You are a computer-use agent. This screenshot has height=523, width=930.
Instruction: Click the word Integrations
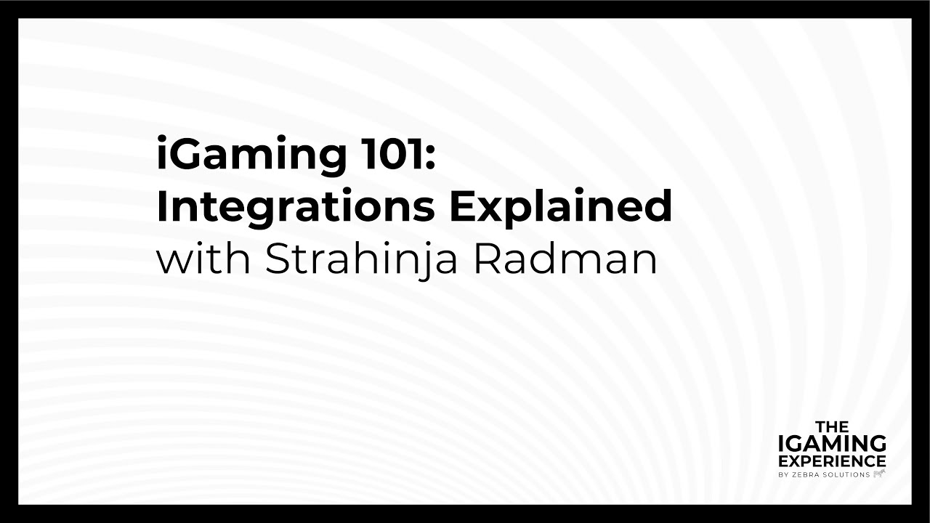[x=295, y=208]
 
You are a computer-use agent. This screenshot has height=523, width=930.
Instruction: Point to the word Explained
[x=560, y=208]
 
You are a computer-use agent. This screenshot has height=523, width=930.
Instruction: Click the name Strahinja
[x=361, y=260]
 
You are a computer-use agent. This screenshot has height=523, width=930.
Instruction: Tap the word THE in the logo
[x=832, y=426]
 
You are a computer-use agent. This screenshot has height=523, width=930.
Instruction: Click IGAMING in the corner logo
[x=832, y=443]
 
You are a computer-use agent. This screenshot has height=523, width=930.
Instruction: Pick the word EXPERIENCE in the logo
[x=832, y=461]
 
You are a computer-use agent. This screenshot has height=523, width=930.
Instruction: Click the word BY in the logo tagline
[x=783, y=474]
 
